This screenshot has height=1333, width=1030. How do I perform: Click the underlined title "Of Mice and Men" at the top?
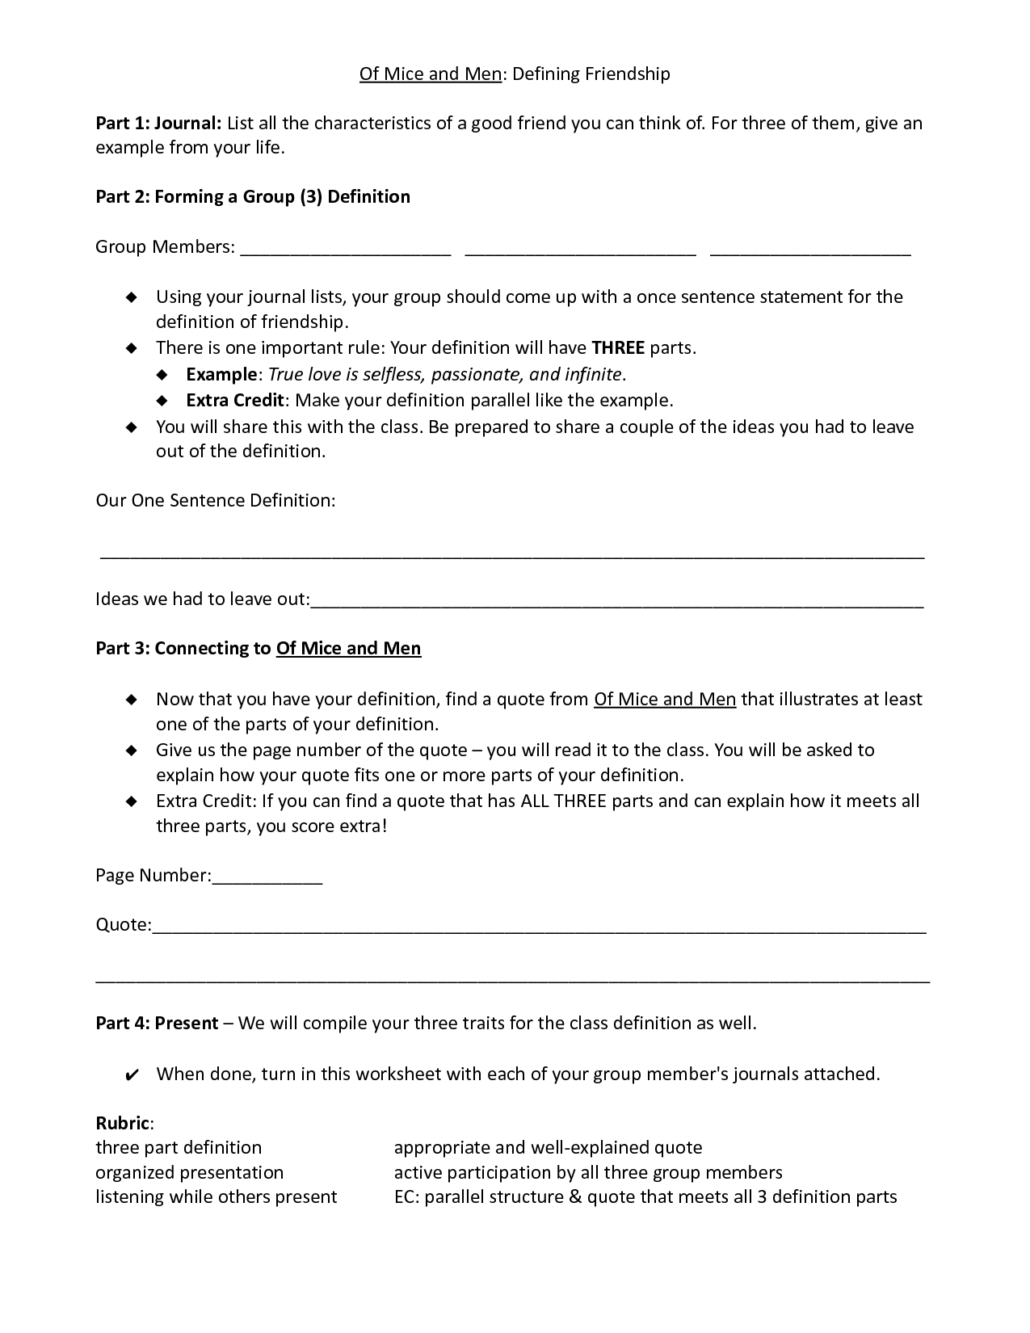(x=431, y=74)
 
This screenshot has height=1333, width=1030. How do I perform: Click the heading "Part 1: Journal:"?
(x=158, y=124)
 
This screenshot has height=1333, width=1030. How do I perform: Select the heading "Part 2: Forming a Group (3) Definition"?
(x=253, y=197)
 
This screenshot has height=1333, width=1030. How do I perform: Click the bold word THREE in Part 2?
(x=618, y=348)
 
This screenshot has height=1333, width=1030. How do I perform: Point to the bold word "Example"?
(x=221, y=375)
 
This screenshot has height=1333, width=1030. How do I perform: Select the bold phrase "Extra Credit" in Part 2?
(x=235, y=401)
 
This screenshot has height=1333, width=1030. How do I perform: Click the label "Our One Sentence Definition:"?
(x=216, y=501)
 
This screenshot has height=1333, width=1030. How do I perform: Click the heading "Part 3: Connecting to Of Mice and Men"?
(x=259, y=649)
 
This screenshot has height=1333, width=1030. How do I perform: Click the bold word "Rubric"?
(x=123, y=1123)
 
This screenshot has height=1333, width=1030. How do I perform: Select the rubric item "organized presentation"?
(x=190, y=1173)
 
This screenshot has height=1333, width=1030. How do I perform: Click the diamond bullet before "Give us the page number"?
(x=132, y=751)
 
